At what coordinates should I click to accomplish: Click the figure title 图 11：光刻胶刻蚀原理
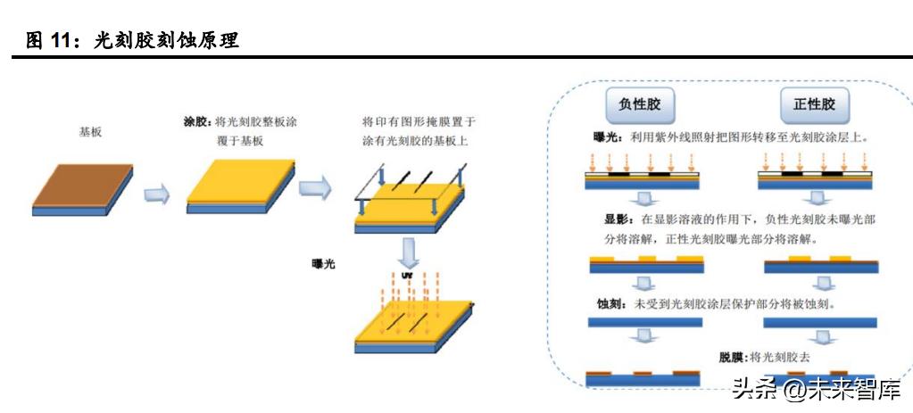tap(133, 40)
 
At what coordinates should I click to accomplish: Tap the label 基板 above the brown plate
tap(90, 131)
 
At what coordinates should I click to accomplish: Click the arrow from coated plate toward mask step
tap(313, 188)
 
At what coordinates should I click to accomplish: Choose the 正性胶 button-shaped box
tap(814, 104)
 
